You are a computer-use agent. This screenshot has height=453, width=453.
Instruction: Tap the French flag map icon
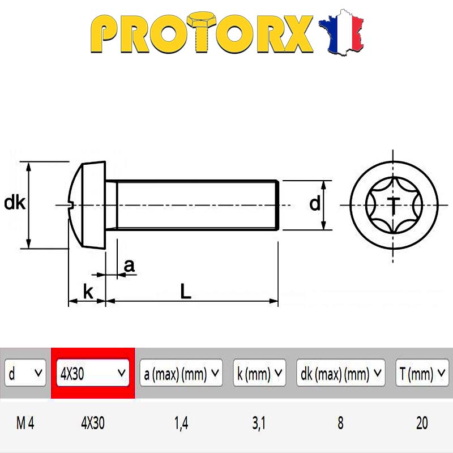pos(341,32)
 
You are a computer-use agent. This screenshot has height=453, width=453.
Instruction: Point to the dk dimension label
pos(15,203)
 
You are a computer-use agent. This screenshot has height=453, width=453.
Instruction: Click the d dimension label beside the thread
pos(315,204)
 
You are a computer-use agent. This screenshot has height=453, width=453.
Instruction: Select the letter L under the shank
pos(186,291)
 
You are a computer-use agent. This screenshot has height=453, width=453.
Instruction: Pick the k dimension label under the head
pos(88,292)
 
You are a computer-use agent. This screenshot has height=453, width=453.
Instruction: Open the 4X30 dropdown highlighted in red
pos(92,373)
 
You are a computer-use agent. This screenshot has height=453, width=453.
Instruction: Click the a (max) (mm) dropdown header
pos(181,373)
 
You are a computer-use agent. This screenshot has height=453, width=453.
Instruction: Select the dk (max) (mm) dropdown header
pos(341,373)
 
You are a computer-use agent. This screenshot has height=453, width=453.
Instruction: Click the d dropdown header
pos(25,373)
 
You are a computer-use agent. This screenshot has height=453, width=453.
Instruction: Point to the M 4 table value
pos(25,423)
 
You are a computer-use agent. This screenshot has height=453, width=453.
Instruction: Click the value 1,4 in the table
pos(181,423)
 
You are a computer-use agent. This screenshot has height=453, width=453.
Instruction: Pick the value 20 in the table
pos(422,423)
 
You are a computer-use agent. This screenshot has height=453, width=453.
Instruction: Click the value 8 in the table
pos(340,423)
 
